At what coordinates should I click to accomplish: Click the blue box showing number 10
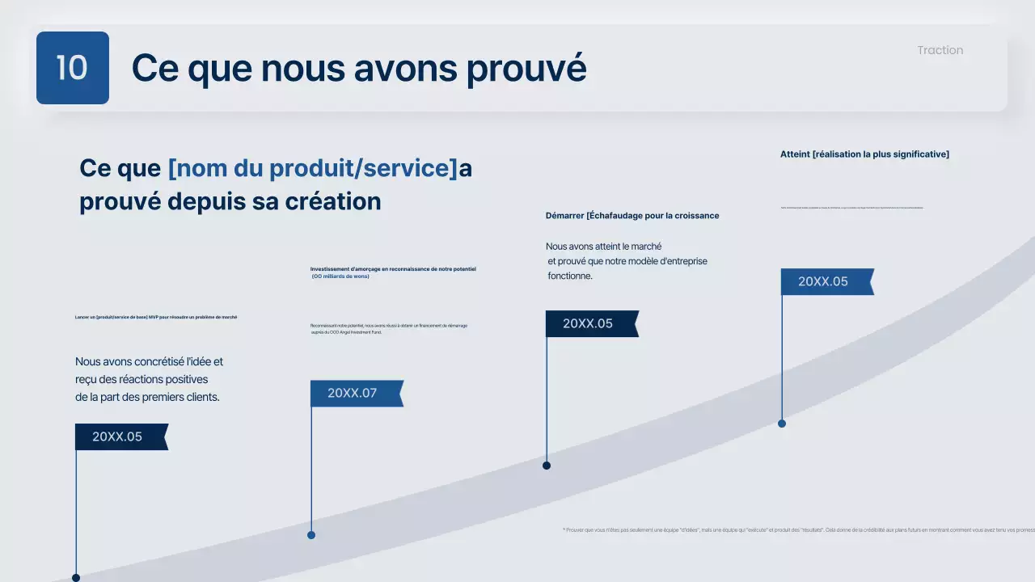pos(72,68)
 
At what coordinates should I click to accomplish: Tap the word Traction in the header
pos(940,50)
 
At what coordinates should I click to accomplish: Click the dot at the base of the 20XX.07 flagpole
pos(311,535)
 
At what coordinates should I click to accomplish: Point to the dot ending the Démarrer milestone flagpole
pos(547,466)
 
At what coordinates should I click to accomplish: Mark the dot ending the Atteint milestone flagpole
pos(782,424)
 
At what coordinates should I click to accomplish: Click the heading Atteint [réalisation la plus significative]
pos(864,154)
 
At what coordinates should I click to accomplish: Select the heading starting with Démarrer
pos(632,216)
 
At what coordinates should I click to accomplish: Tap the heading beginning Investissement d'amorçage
pos(393,268)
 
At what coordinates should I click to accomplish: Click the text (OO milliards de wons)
pos(340,276)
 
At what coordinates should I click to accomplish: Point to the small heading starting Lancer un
pos(156,317)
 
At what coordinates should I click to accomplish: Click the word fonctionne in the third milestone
pos(569,276)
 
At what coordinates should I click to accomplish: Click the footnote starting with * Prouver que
pos(797,530)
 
